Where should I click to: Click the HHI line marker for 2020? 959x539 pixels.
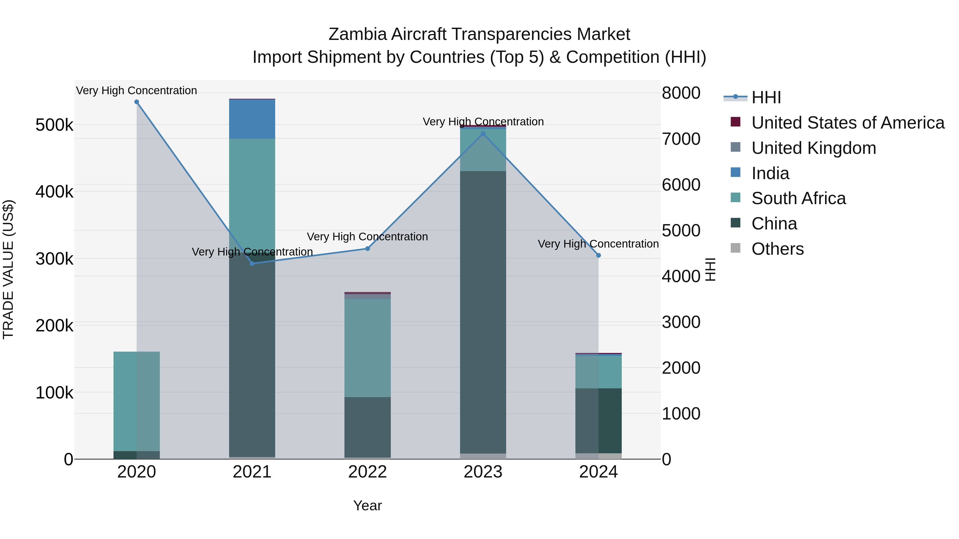pyautogui.click(x=137, y=102)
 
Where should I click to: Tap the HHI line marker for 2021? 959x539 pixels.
pyautogui.click(x=252, y=263)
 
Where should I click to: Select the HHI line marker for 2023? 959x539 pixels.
pyautogui.click(x=483, y=134)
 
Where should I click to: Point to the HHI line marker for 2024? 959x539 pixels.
pyautogui.click(x=599, y=256)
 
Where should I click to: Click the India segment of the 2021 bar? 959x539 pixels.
pyautogui.click(x=252, y=119)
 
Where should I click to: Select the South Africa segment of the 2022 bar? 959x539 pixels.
pyautogui.click(x=367, y=348)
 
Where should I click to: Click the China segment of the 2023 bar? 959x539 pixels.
pyautogui.click(x=483, y=312)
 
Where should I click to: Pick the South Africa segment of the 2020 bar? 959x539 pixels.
pyautogui.click(x=137, y=401)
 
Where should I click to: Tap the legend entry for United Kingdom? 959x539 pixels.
pyautogui.click(x=814, y=148)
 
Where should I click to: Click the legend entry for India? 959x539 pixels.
pyautogui.click(x=770, y=173)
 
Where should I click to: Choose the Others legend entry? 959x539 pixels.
pyautogui.click(x=777, y=249)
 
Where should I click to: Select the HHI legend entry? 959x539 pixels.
pyautogui.click(x=766, y=97)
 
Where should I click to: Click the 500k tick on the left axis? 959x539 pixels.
pyautogui.click(x=54, y=125)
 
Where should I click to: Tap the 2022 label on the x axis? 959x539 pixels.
pyautogui.click(x=367, y=472)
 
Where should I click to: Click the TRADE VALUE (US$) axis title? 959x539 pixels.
pyautogui.click(x=8, y=269)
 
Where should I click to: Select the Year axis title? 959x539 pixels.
pyautogui.click(x=367, y=505)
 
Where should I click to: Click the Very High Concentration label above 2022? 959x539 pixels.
pyautogui.click(x=367, y=237)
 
